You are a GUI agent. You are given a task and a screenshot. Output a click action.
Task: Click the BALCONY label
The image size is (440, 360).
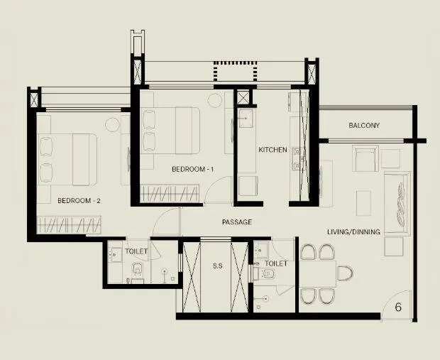[x=364, y=126]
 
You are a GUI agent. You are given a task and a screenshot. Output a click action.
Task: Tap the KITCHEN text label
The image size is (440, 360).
[x=273, y=150]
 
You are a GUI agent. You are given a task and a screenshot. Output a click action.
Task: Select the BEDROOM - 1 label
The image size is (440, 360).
[x=193, y=170]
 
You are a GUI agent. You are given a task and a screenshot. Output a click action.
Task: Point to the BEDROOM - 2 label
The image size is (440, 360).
[x=79, y=201]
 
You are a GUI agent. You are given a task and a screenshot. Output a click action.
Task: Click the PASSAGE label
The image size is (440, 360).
[x=236, y=222]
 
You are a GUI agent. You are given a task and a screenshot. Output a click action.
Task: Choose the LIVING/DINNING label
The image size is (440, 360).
[x=353, y=232]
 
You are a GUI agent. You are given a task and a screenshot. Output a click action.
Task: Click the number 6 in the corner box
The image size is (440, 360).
[x=398, y=307]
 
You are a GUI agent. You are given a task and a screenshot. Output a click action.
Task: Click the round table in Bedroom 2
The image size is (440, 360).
[x=113, y=125]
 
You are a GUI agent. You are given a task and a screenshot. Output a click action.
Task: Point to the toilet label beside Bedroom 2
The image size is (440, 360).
[x=136, y=251]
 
